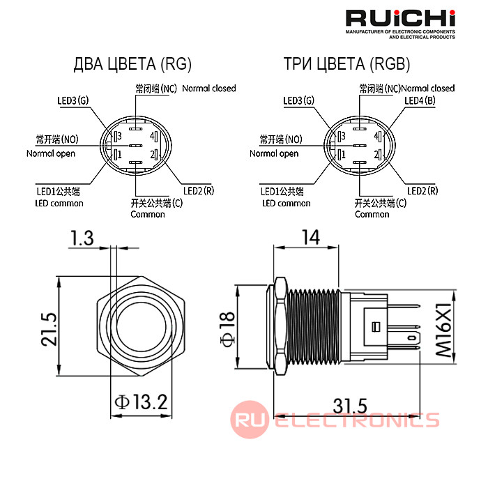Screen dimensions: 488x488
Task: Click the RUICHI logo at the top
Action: point(400,18)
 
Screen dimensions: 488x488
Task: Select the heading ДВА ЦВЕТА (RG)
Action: point(132,64)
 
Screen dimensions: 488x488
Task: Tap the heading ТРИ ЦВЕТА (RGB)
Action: point(346,64)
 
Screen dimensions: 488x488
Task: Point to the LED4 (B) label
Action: point(420,100)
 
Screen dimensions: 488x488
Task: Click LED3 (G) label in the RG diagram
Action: point(73,100)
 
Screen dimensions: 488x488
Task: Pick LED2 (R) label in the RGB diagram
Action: point(422,190)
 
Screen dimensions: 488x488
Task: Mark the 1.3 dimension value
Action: point(82,238)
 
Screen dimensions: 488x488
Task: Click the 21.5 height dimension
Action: point(49,329)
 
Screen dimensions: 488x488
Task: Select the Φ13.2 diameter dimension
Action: point(142,402)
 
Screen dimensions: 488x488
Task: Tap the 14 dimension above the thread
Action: point(311,238)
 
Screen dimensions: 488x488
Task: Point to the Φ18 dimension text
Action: point(227,329)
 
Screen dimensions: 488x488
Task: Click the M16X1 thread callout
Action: point(443,330)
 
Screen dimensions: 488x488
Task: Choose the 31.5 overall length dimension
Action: point(350,406)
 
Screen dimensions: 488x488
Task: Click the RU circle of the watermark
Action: point(250,420)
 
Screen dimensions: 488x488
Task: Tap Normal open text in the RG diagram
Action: point(51,153)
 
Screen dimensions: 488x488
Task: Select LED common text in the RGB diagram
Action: point(287,204)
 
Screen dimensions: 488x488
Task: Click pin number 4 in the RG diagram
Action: point(152,136)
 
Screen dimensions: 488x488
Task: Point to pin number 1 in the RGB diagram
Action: point(343,154)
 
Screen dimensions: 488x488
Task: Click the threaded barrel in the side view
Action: point(314,326)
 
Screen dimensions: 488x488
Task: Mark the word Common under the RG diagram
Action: point(148,215)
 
